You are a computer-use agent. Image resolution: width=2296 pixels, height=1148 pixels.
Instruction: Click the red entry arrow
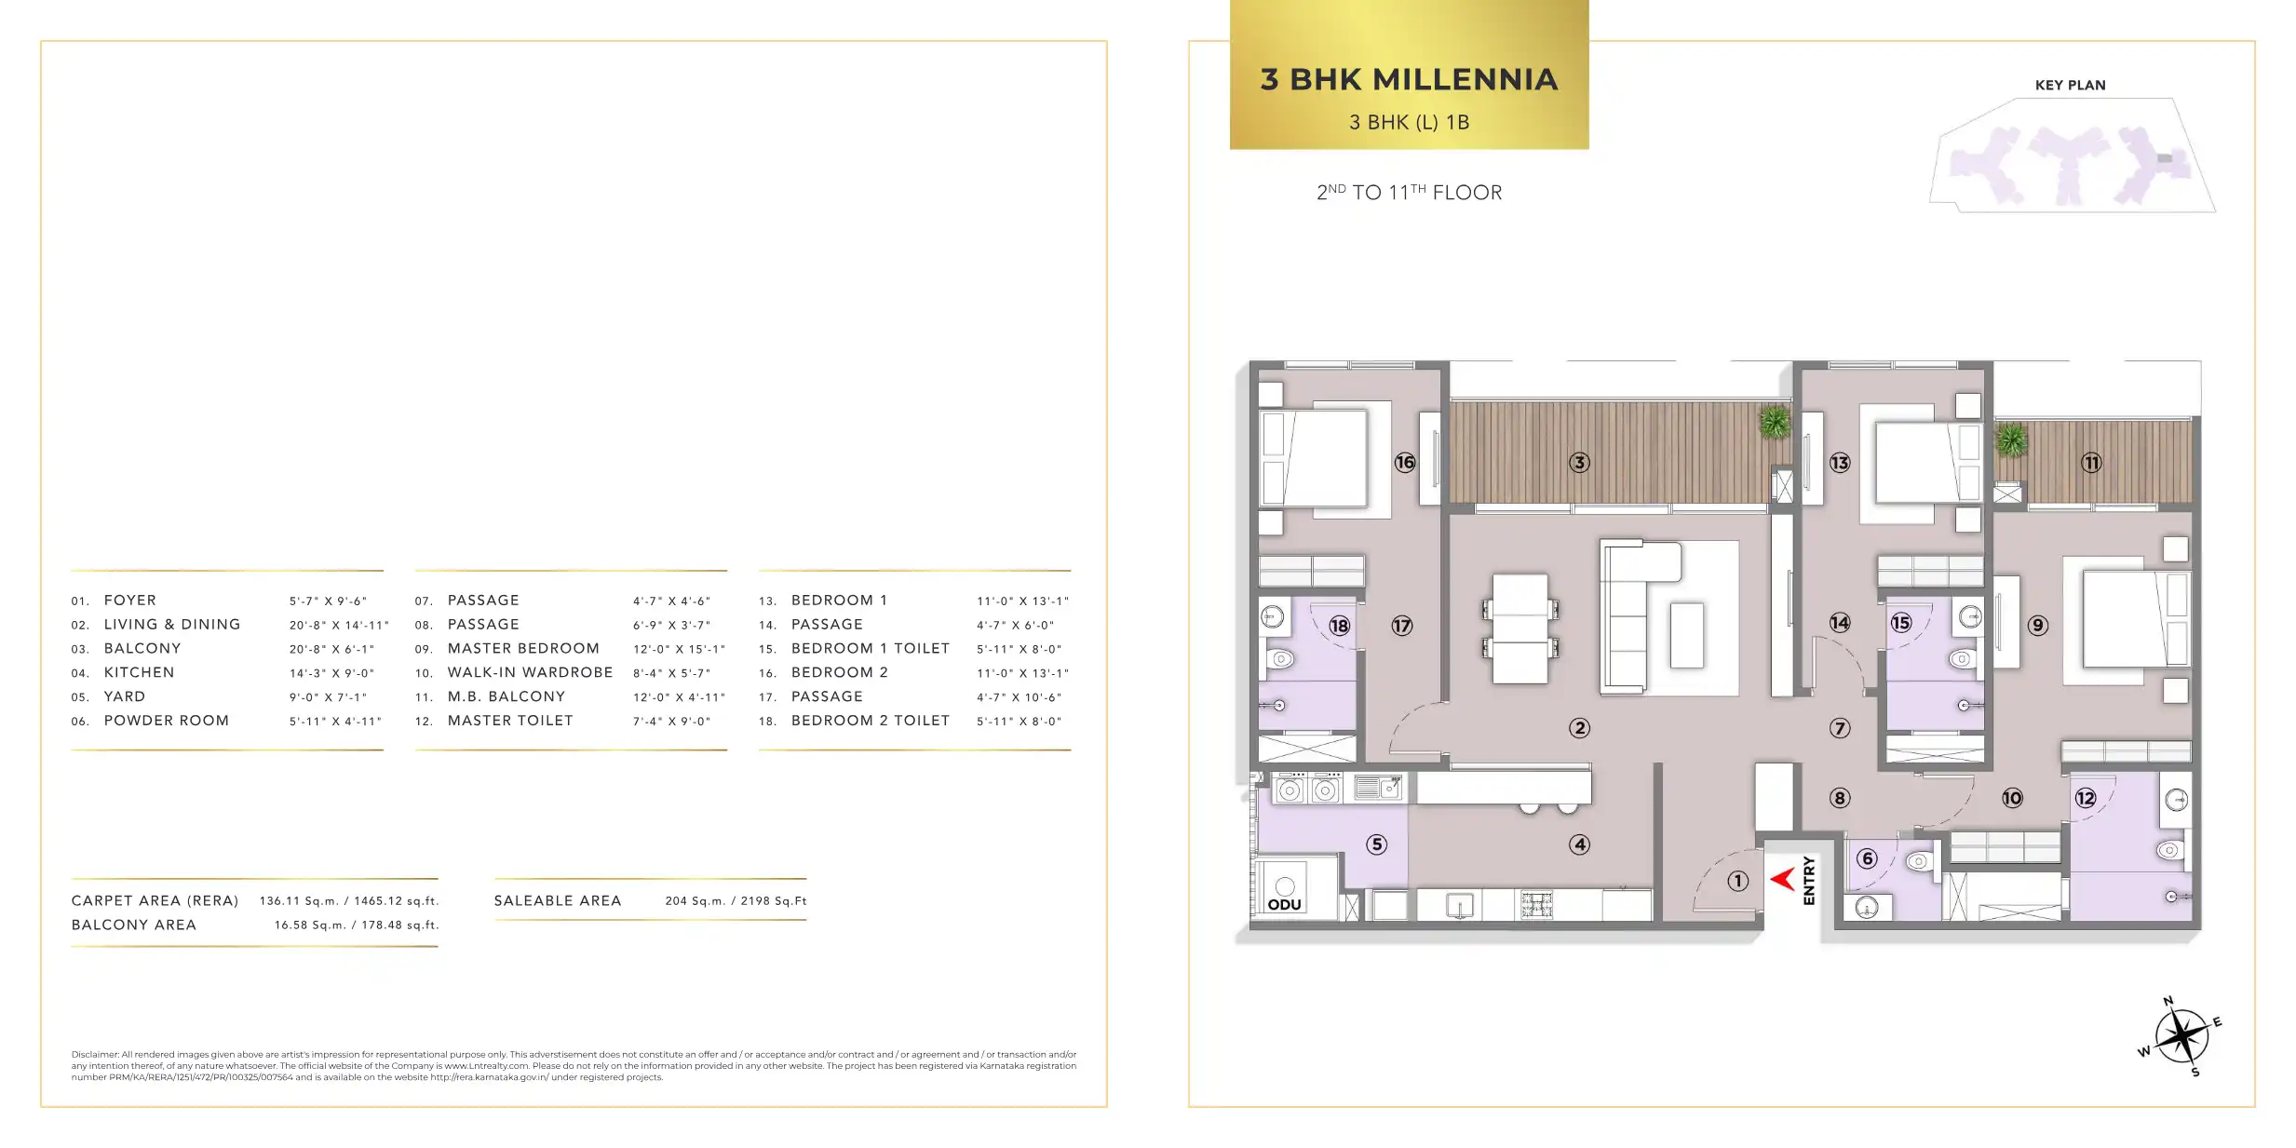click(1781, 878)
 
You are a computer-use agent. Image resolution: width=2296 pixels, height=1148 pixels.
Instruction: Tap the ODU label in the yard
click(1284, 904)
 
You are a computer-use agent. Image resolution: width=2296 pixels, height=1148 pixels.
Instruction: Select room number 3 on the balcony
click(1579, 463)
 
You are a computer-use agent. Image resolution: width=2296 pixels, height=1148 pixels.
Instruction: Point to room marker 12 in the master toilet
click(2085, 798)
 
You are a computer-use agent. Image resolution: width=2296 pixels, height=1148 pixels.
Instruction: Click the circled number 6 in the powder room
click(1867, 858)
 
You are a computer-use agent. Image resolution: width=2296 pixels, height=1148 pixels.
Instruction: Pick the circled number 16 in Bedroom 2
click(1405, 462)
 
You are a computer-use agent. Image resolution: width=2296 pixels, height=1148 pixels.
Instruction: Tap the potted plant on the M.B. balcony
click(2011, 439)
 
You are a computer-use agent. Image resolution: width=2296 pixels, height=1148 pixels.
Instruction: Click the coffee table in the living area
click(1687, 635)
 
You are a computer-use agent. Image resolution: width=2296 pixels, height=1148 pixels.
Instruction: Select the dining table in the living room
click(1520, 628)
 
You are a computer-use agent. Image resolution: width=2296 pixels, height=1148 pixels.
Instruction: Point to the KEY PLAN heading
click(2070, 85)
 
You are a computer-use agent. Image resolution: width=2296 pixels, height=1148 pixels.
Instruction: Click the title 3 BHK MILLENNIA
click(1409, 79)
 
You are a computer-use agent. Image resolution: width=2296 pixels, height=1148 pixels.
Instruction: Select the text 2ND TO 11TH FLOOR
click(1409, 193)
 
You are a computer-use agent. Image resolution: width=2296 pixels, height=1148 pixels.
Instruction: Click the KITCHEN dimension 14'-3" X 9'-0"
click(331, 673)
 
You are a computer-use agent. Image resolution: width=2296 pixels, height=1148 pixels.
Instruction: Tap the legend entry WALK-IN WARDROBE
click(530, 672)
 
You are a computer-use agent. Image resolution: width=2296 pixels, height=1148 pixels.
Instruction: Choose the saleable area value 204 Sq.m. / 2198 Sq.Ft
click(736, 901)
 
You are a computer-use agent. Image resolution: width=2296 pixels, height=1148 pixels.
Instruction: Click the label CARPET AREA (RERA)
click(155, 901)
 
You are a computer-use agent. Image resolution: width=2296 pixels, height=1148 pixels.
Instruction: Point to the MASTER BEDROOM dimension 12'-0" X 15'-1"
click(679, 649)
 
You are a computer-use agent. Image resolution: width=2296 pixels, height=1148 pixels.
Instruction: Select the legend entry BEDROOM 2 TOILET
click(870, 721)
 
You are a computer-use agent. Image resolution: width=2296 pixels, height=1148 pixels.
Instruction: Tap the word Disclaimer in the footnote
click(95, 1055)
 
